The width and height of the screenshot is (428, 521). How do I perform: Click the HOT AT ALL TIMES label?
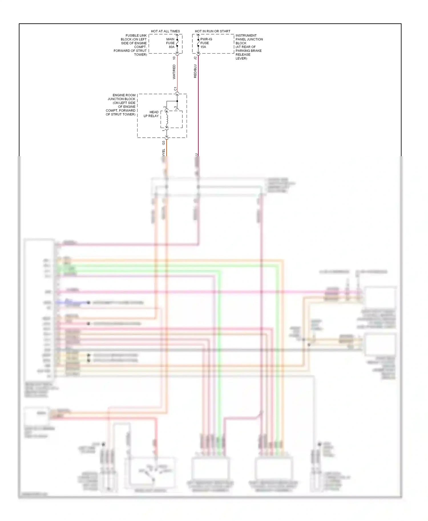[165, 31]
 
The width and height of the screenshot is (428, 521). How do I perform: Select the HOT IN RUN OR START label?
[213, 31]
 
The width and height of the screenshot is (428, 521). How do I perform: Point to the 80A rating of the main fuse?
[171, 47]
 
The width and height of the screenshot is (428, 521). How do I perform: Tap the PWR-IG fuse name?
[206, 39]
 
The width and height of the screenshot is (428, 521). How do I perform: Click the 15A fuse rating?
[203, 47]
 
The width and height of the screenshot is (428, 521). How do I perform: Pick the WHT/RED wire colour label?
[174, 72]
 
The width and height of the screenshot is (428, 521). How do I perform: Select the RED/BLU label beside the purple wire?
[195, 71]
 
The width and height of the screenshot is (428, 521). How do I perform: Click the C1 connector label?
[175, 89]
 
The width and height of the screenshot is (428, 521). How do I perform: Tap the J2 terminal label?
[195, 58]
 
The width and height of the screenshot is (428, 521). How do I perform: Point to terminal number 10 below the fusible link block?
[174, 58]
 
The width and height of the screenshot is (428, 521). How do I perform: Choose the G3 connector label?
[163, 143]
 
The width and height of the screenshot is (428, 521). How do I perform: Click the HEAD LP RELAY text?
[151, 114]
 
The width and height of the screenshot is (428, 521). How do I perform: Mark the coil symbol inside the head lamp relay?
[167, 120]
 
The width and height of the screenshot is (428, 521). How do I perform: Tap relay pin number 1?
[163, 131]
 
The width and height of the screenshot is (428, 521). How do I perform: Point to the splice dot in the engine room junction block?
[177, 101]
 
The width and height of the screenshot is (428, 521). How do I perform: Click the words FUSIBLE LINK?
[136, 36]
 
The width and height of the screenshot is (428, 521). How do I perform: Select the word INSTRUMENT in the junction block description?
[246, 36]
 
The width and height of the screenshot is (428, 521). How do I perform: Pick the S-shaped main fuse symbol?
[177, 43]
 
